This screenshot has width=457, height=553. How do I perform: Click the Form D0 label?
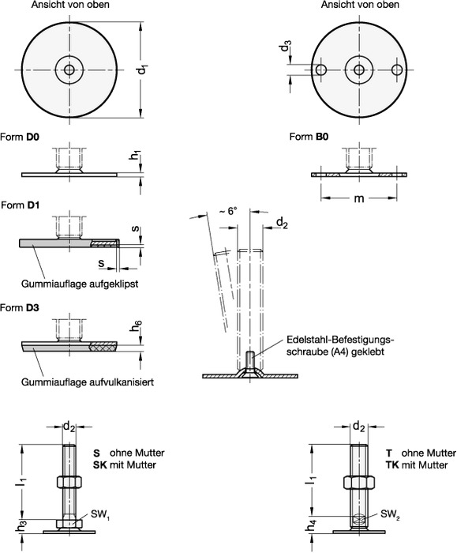[20, 137]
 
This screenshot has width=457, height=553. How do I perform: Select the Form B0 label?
[309, 137]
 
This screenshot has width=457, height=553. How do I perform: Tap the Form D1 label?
[20, 205]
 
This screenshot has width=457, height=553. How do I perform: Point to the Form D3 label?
[20, 308]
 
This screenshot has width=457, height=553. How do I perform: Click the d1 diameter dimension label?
[143, 70]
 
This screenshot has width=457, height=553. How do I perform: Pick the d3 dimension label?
[286, 46]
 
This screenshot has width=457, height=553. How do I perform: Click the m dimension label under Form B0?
[358, 198]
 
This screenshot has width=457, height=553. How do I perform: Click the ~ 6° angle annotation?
[228, 211]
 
